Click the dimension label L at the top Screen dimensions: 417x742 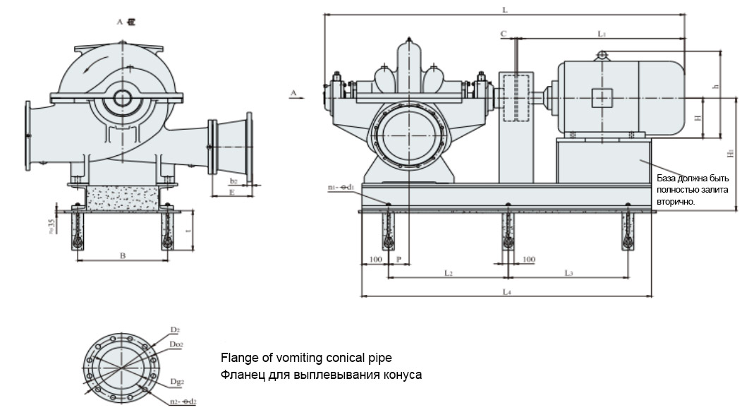point(504,9)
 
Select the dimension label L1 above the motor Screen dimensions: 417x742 point(602,33)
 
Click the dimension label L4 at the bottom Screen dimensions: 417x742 point(506,291)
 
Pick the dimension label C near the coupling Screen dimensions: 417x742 point(503,33)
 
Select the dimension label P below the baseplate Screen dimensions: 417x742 point(399,260)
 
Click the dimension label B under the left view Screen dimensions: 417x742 point(122,255)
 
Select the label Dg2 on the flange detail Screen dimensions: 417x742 point(176,382)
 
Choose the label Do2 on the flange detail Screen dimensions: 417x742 point(176,344)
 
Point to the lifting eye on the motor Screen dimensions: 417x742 point(602,55)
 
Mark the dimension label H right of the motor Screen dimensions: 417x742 point(699,118)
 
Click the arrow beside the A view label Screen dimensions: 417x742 point(299,93)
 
